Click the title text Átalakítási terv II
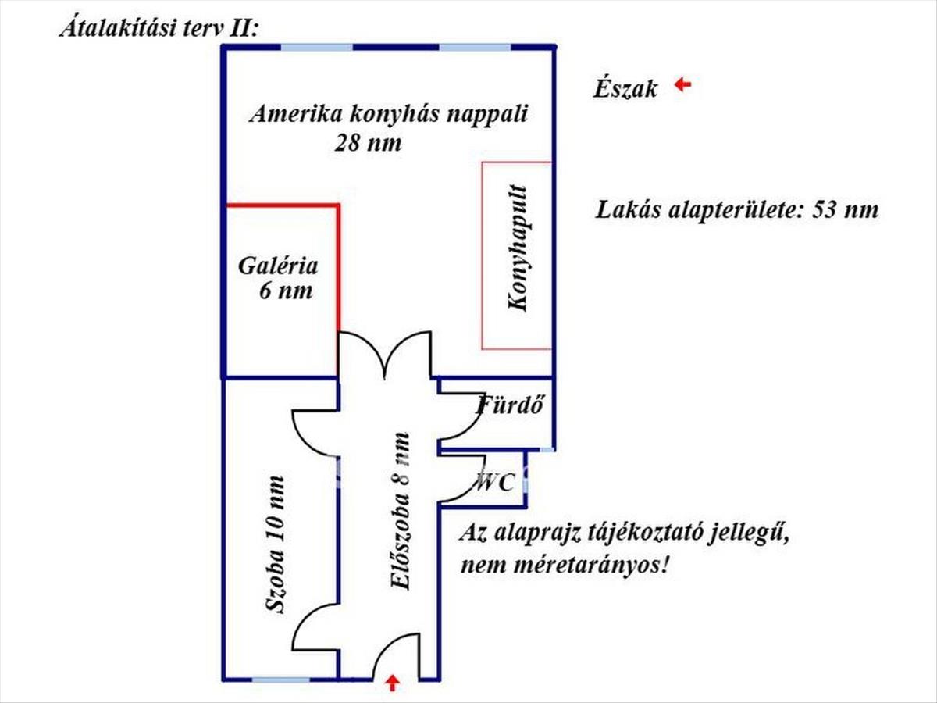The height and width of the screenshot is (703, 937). pyautogui.click(x=159, y=29)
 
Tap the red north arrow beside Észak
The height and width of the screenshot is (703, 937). pyautogui.click(x=683, y=84)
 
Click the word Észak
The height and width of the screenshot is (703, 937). pyautogui.click(x=625, y=88)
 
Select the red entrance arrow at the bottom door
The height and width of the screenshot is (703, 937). pyautogui.click(x=393, y=684)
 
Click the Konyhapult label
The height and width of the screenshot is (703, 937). pyautogui.click(x=518, y=248)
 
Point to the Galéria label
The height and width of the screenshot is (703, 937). pyautogui.click(x=279, y=266)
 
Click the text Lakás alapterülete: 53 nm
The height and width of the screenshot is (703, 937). pyautogui.click(x=737, y=210)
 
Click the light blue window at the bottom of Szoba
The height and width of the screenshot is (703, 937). pyautogui.click(x=275, y=679)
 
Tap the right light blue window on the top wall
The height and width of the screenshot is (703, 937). pyautogui.click(x=475, y=48)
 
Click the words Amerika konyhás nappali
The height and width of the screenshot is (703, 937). pyautogui.click(x=389, y=114)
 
